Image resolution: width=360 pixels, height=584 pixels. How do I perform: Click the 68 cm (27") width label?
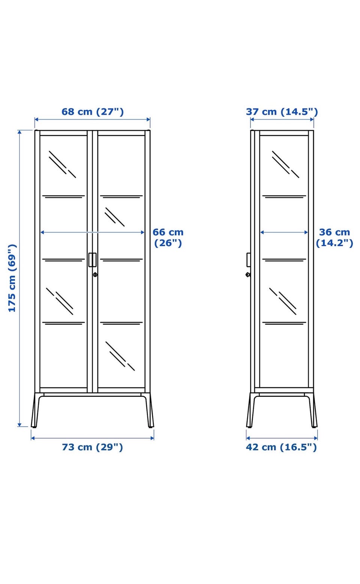click(93, 111)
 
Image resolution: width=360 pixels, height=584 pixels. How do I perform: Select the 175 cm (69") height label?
click(12, 278)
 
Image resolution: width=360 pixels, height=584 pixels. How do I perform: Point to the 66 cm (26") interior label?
click(168, 237)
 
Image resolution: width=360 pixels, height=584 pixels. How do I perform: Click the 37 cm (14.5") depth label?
click(282, 111)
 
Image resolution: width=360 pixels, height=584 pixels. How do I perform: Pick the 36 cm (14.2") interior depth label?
click(334, 237)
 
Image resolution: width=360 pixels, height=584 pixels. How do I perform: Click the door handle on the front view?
click(92, 260)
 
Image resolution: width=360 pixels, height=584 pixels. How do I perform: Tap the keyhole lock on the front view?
click(95, 275)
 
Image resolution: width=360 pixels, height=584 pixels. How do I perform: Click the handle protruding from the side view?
click(248, 260)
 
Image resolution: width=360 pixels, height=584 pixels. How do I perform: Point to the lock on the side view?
click(248, 275)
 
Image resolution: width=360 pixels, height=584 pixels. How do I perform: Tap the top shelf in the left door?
click(64, 197)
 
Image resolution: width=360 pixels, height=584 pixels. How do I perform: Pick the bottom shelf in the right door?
click(121, 324)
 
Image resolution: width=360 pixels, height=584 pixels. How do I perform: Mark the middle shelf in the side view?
click(284, 260)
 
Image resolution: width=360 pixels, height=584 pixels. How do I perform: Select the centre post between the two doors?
click(93, 261)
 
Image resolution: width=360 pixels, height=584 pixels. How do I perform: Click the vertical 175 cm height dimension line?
click(19, 278)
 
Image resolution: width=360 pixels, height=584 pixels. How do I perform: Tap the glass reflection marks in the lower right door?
click(120, 356)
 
